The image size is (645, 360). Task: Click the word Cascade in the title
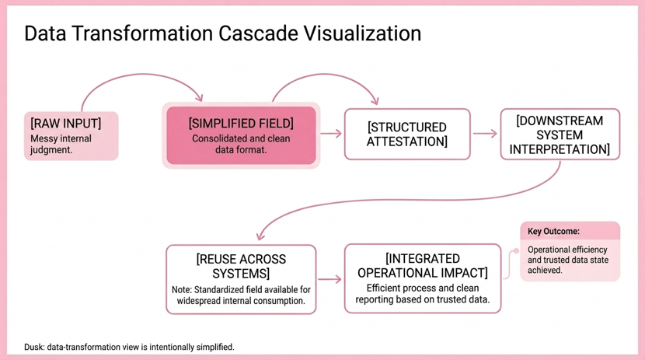pos(258,33)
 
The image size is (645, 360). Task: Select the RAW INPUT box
pos(71,136)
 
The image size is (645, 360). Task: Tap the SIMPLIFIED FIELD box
pos(241,135)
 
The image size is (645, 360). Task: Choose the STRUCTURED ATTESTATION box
pos(407,135)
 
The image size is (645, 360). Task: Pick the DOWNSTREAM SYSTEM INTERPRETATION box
pos(560,135)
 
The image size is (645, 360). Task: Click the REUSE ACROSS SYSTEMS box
pos(241,279)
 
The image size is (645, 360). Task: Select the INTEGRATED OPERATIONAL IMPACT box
pos(423,278)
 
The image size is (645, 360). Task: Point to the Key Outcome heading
pos(553,231)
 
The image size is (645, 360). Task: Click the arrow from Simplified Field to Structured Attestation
pos(331,133)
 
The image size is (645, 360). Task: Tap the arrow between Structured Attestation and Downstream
pos(485,133)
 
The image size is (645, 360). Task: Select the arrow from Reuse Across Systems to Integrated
pos(329,279)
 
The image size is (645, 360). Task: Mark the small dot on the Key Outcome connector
pos(516,250)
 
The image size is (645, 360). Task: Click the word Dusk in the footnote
pos(33,347)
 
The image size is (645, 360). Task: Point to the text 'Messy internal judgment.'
pos(61,144)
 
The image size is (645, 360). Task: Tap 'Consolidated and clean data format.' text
pos(241,144)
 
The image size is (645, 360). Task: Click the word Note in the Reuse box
pos(181,290)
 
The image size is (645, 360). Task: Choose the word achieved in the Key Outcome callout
pos(545,271)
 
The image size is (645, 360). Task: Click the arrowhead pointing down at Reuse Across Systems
pos(260,236)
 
